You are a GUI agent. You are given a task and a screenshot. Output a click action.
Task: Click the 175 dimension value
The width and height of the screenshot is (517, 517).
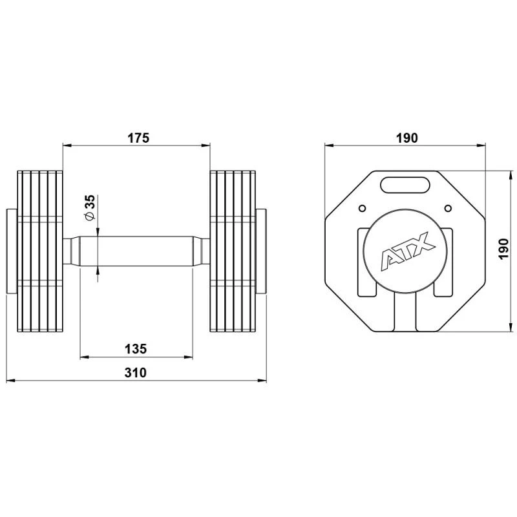click(x=138, y=138)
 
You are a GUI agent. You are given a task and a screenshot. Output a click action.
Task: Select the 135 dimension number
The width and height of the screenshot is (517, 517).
click(x=136, y=348)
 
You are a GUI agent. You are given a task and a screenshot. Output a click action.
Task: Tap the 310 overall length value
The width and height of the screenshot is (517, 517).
click(x=136, y=373)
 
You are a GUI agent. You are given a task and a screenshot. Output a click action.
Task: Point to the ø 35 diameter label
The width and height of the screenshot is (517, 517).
click(x=90, y=207)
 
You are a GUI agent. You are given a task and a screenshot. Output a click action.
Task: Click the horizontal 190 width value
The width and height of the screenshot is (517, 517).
click(x=407, y=138)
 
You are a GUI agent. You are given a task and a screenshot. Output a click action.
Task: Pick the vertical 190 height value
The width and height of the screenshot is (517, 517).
click(x=503, y=249)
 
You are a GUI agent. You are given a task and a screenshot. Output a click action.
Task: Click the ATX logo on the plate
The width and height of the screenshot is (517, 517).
click(x=408, y=251)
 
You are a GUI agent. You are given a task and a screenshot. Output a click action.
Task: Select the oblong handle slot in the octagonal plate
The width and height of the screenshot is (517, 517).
click(x=405, y=185)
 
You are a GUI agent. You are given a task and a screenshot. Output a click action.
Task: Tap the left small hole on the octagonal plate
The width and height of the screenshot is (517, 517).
click(x=362, y=208)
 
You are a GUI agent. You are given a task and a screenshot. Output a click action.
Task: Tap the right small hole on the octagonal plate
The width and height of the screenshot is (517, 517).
click(x=448, y=208)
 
